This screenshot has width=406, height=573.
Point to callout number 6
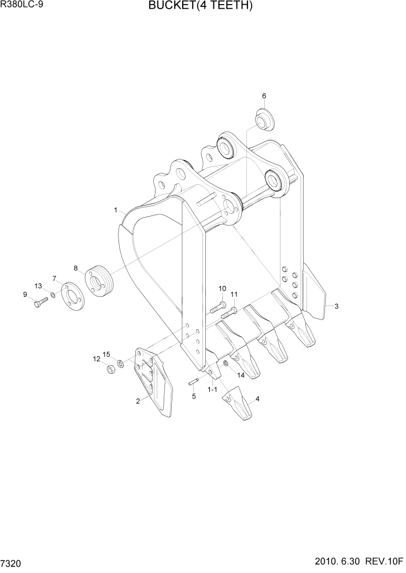click(x=264, y=96)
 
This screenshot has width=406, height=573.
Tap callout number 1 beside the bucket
click(x=116, y=210)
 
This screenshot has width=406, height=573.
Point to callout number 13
click(x=38, y=286)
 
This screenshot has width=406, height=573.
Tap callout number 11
click(x=234, y=295)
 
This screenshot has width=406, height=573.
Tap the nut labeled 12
click(x=110, y=369)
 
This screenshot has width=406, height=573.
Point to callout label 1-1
click(x=212, y=390)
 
